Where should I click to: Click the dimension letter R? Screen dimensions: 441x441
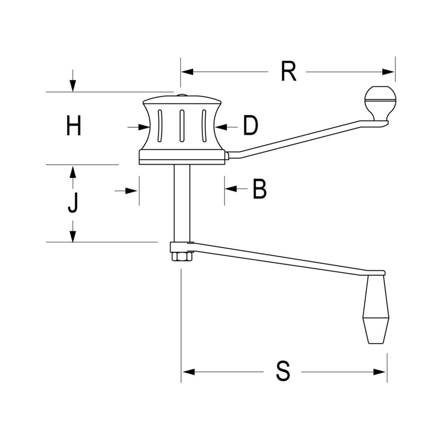(x=288, y=72)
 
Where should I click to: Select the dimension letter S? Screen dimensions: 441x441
(x=283, y=371)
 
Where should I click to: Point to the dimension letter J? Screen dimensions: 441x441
(x=73, y=202)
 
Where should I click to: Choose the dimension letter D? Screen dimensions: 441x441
(x=250, y=125)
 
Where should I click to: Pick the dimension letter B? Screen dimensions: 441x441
(x=259, y=189)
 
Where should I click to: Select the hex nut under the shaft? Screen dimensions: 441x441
(x=182, y=257)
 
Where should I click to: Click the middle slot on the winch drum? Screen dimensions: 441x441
(x=182, y=125)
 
